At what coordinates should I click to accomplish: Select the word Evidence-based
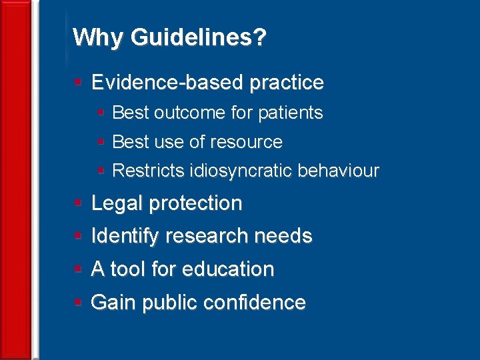tap(167, 83)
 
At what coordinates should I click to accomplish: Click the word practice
tap(286, 83)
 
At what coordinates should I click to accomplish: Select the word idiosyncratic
tap(241, 171)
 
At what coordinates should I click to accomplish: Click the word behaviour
tap(339, 171)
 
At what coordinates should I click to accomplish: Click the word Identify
tap(125, 236)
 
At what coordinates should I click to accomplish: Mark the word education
tap(227, 269)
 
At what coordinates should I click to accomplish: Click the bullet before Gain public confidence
tap(78, 303)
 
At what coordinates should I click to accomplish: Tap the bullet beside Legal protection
tap(78, 203)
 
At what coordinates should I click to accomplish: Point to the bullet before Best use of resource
tap(101, 142)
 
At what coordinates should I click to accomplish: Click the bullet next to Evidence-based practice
tap(78, 83)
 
